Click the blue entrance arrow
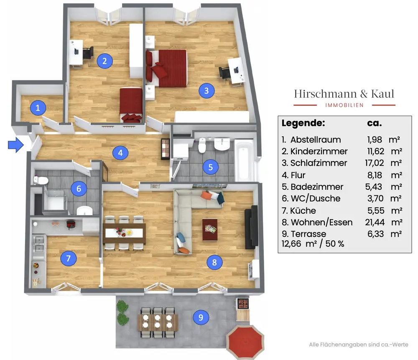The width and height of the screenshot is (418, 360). pyautogui.click(x=16, y=145)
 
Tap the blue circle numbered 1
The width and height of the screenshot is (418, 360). pyautogui.click(x=38, y=108)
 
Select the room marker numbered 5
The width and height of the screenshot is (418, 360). pyautogui.click(x=211, y=167)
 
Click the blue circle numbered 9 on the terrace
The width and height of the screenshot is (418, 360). pyautogui.click(x=201, y=317)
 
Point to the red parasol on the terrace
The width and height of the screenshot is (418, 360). pyautogui.click(x=245, y=342)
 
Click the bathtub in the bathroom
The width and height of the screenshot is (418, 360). pyautogui.click(x=244, y=160)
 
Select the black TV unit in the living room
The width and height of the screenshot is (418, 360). pyautogui.click(x=251, y=227)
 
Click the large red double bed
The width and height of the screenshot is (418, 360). pyautogui.click(x=166, y=68)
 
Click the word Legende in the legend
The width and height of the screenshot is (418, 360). pyautogui.click(x=303, y=123)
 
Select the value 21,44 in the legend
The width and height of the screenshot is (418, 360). pyautogui.click(x=375, y=222)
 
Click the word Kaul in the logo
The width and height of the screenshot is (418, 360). pyautogui.click(x=382, y=94)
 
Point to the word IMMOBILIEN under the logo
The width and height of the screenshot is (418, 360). pyautogui.click(x=344, y=105)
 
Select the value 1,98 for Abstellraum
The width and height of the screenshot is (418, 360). pyautogui.click(x=375, y=140)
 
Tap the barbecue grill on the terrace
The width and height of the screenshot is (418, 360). pyautogui.click(x=243, y=304)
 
